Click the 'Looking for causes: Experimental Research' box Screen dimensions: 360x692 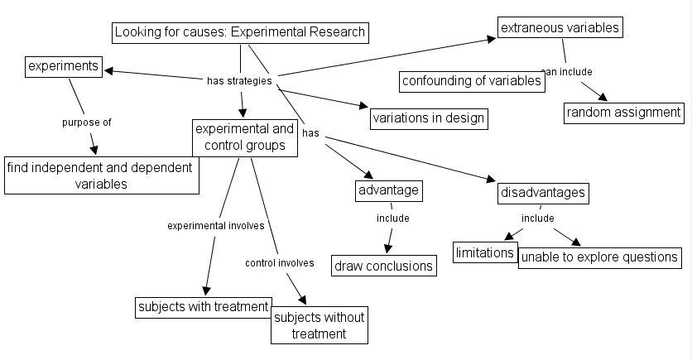coord(239,33)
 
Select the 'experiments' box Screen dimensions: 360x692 coord(64,66)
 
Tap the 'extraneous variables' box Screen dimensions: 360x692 coord(560,28)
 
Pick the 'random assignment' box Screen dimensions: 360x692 coord(624,113)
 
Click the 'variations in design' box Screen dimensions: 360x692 coord(428,118)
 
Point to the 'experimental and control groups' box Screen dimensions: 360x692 coord(243,137)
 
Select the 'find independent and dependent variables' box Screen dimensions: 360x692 coord(101,175)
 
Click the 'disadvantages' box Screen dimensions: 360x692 coord(543,193)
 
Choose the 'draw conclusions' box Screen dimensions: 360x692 coord(384,266)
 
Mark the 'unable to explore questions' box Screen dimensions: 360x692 coord(600,257)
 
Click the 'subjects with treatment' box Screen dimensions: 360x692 coord(203,307)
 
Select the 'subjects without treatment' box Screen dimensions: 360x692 coord(319,325)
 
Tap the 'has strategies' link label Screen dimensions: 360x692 coord(238,81)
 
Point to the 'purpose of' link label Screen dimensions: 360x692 coord(86,122)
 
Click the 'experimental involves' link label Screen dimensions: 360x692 coord(215,225)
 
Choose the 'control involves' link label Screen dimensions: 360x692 coord(279,263)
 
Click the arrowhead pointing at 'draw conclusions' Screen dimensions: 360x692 coord(387,248)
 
